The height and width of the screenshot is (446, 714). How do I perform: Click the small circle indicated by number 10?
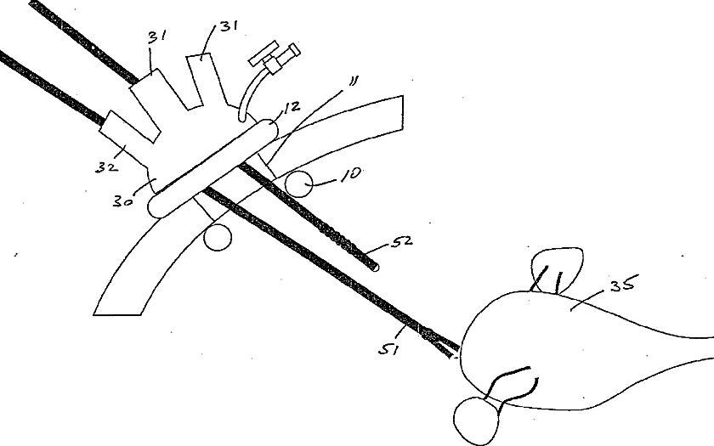pos(298,182)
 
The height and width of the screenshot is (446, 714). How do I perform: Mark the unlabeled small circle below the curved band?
pos(218,237)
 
